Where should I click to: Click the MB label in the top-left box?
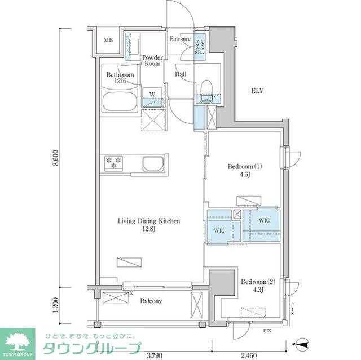tap(108, 40)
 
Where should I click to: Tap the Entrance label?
tap(180, 39)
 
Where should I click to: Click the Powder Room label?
tap(152, 60)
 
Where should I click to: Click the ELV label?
tap(257, 91)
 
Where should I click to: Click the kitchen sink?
tap(153, 164)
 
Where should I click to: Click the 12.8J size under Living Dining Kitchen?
tap(149, 229)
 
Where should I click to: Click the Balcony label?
tap(151, 301)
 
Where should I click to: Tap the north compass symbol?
tap(302, 342)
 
